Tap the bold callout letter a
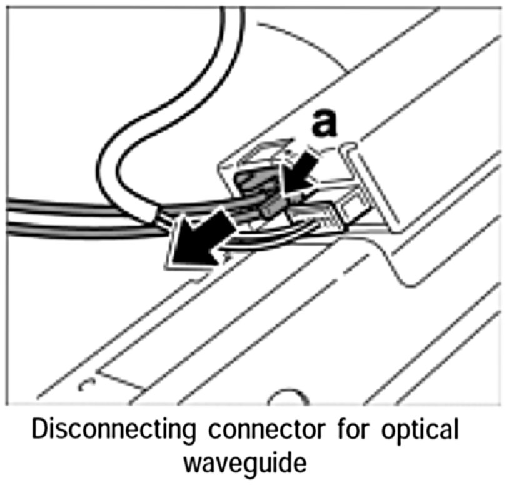(x=324, y=123)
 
